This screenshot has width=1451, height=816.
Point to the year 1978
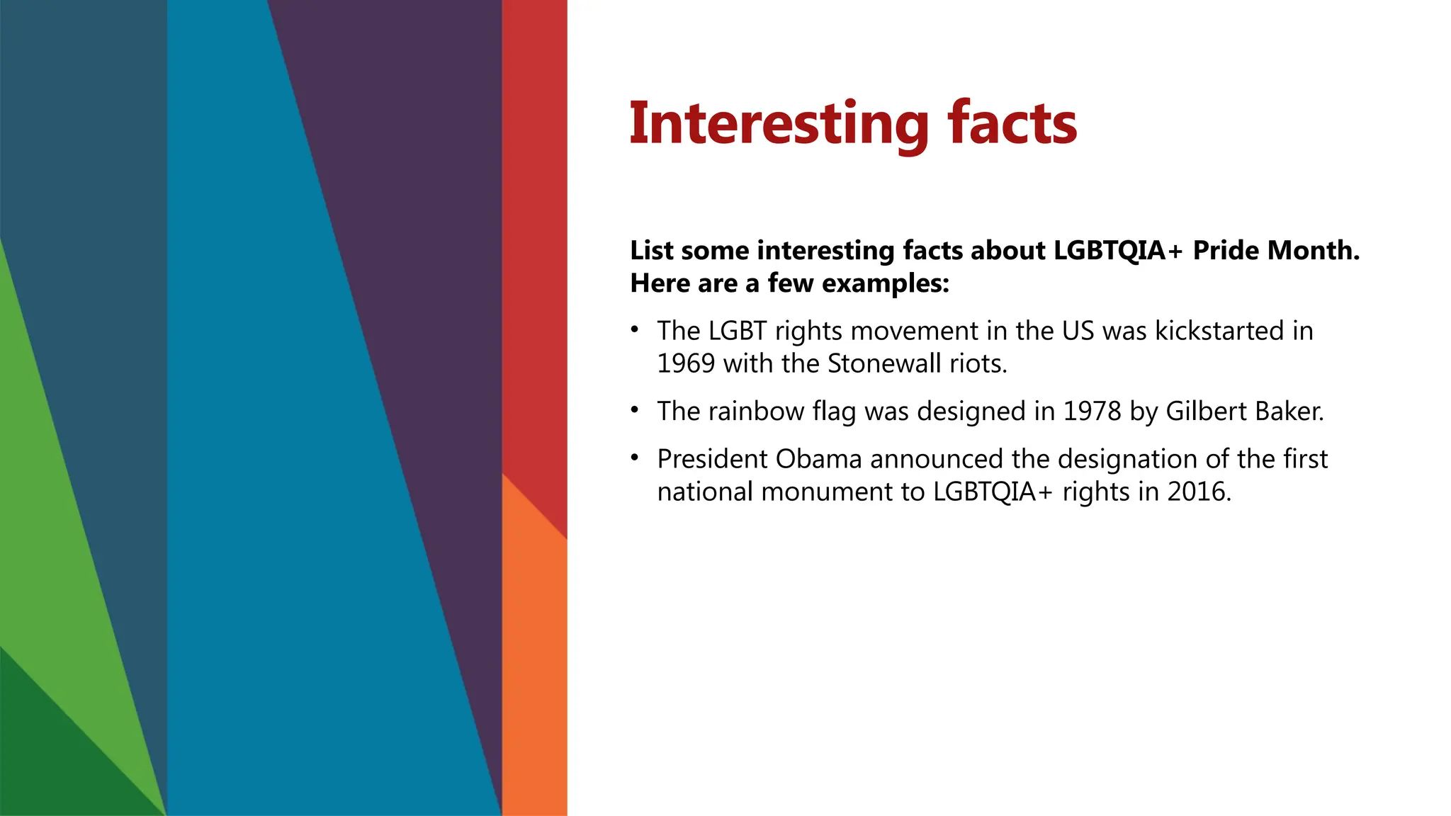(x=1092, y=412)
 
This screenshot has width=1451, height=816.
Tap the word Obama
(x=818, y=459)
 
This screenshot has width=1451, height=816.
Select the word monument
(x=827, y=492)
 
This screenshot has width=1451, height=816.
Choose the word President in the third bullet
(x=712, y=459)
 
